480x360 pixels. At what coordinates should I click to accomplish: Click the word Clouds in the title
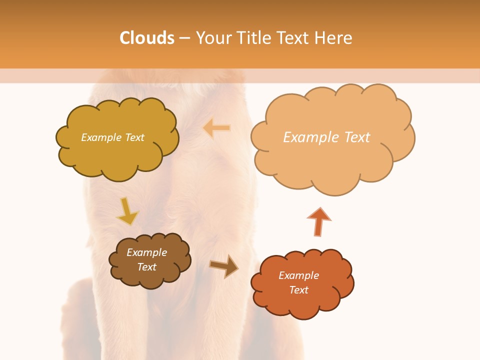pos(147,38)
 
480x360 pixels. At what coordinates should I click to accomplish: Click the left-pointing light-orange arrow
pos(217,128)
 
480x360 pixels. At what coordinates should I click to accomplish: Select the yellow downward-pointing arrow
pos(127,212)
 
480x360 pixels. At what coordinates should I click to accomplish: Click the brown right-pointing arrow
pos(224,266)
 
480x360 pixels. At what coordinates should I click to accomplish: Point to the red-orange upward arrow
pos(318,221)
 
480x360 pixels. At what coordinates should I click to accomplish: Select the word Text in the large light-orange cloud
pos(356,137)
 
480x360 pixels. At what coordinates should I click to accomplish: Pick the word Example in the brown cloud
pos(146,252)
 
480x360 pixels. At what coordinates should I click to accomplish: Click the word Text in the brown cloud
pos(146,267)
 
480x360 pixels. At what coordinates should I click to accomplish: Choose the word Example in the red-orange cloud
pos(298,275)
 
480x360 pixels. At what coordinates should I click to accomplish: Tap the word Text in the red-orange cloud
pos(298,290)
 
